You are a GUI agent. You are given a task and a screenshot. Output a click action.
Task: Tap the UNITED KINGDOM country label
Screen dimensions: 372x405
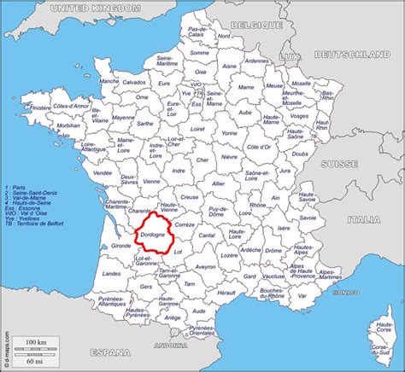click(x=95, y=8)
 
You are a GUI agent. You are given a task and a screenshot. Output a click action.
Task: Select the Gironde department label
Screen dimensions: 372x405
click(x=121, y=245)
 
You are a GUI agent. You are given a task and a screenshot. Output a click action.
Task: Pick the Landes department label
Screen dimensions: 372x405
click(x=111, y=273)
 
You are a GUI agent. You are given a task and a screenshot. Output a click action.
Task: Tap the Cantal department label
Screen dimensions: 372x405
click(x=207, y=235)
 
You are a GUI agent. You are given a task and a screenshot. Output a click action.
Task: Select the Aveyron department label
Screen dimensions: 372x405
click(x=205, y=266)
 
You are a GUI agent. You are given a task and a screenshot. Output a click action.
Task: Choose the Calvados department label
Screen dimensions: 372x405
click(x=132, y=82)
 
